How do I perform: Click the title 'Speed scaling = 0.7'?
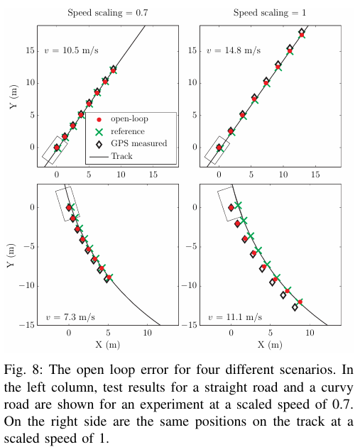107,13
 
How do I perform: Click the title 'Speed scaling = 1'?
269,13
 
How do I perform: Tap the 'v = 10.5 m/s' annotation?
71,50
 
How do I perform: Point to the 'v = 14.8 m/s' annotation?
234,50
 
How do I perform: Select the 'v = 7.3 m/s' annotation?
70,317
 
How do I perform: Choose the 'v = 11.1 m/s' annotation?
235,317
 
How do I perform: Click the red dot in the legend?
99,120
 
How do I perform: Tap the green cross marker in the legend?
99,132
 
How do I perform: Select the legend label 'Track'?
122,156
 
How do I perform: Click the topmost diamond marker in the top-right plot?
302,32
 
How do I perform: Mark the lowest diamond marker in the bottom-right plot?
295,307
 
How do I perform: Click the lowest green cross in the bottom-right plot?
300,302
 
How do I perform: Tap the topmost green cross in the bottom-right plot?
238,205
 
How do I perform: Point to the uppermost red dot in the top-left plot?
113,70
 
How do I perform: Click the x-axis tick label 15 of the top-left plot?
153,175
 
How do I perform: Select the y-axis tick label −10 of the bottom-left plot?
26,286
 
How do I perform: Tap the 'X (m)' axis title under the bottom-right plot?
270,345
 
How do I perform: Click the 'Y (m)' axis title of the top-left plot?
13,96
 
